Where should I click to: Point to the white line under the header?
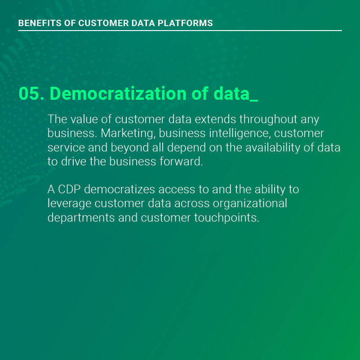point(180,30)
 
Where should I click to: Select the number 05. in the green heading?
point(31,93)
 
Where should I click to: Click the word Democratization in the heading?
point(118,93)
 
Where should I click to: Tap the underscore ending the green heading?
point(253,100)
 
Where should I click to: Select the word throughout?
point(268,120)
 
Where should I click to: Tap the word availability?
point(273,148)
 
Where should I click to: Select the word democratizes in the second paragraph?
point(120,189)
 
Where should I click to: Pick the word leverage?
point(69,204)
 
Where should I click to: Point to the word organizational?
point(250,204)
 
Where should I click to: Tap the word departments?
point(81,218)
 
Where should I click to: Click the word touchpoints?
point(227,218)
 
